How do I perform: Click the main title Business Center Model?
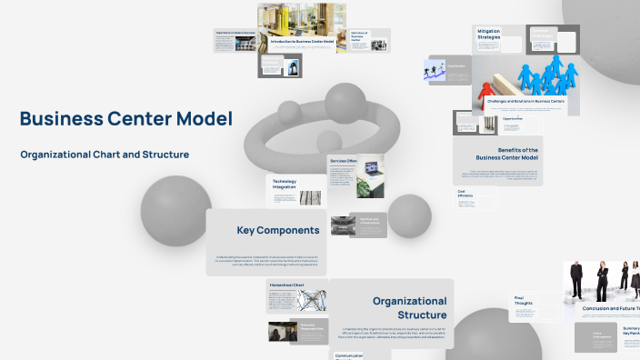pos(125,119)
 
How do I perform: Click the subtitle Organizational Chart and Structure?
pos(105,155)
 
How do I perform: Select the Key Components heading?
pos(277,230)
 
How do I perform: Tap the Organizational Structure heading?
pos(409,307)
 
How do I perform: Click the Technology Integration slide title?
pos(284,184)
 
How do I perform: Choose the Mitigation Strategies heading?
pos(489,35)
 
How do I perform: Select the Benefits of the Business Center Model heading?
pos(506,154)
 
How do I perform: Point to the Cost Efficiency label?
pos(465,194)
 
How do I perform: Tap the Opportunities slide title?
pos(513,118)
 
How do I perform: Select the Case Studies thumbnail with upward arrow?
pos(435,71)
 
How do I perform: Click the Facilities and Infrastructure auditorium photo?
pos(340,226)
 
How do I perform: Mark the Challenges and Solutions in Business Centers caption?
pos(518,102)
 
